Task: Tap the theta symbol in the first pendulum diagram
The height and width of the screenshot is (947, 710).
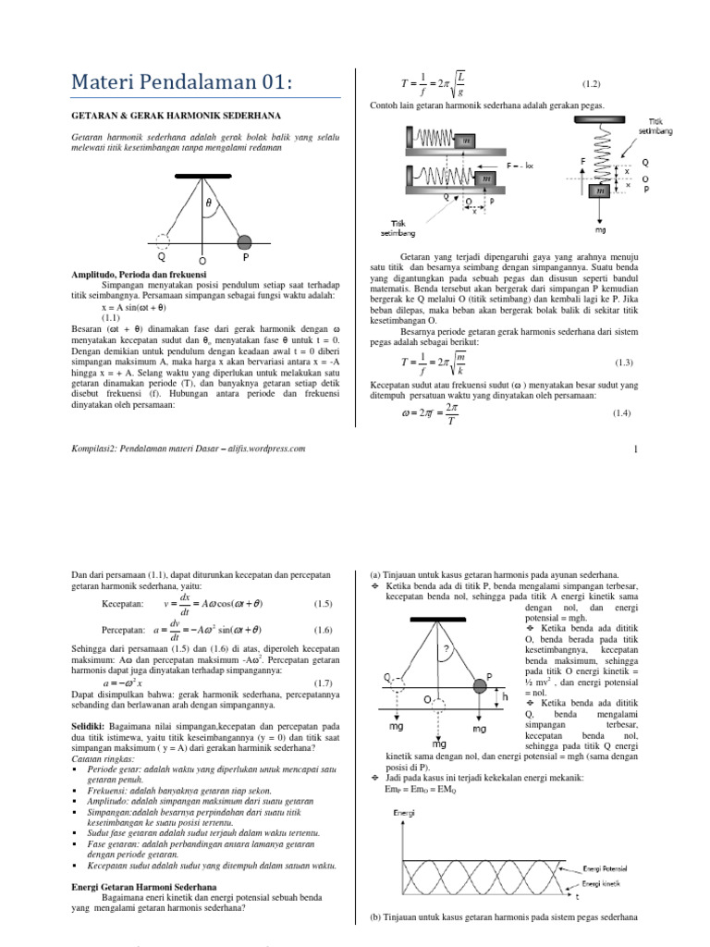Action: point(208,201)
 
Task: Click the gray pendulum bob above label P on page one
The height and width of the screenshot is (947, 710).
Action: point(245,242)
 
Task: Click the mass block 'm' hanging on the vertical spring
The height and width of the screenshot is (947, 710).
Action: point(602,191)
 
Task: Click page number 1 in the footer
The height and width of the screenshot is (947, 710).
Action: point(636,449)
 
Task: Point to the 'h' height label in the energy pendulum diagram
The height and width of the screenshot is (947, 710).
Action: point(507,695)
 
